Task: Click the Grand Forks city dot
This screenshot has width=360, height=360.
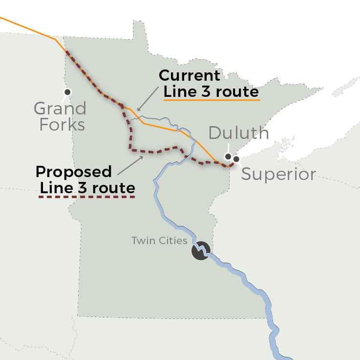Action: (67, 91)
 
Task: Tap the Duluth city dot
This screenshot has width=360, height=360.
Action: (228, 157)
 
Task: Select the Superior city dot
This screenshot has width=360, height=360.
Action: (236, 159)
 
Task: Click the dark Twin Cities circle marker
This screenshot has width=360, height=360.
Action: (200, 251)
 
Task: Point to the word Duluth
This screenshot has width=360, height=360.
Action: (238, 133)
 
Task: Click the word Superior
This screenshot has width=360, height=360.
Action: (278, 174)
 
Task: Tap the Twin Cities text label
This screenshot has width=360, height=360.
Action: (159, 241)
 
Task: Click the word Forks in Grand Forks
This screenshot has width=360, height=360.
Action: (62, 125)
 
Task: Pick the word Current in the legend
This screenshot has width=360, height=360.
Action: (190, 76)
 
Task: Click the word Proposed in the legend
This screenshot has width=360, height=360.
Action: (74, 172)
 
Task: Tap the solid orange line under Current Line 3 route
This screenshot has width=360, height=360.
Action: (211, 100)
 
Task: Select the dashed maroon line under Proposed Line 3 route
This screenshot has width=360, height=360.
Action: (86, 197)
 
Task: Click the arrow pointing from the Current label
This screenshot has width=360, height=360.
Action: (148, 99)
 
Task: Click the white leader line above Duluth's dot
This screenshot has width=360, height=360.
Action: (229, 148)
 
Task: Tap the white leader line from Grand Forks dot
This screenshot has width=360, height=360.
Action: (64, 97)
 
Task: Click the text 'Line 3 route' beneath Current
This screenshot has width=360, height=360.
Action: (211, 91)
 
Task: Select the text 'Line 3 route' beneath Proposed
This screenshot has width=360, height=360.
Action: (87, 187)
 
